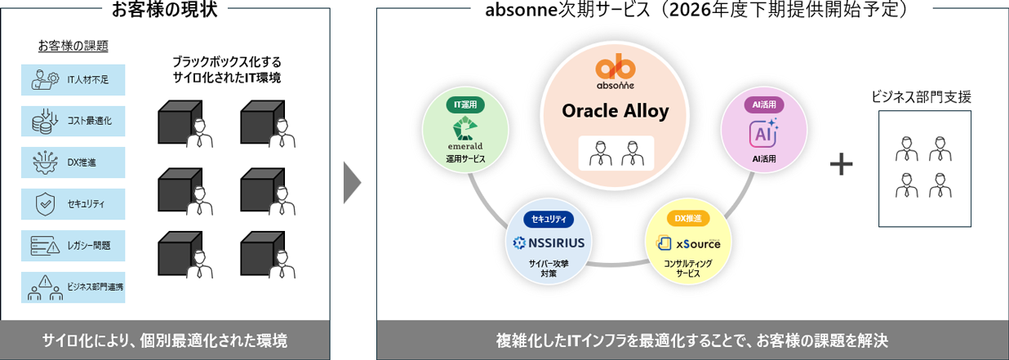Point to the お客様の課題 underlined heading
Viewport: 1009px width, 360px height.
click(73, 46)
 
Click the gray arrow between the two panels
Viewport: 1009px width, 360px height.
click(352, 182)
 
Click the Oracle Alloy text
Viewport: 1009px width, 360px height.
click(616, 110)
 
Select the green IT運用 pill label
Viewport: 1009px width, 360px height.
click(465, 104)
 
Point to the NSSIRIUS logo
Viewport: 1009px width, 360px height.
click(549, 242)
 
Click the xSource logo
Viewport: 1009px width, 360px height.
click(688, 243)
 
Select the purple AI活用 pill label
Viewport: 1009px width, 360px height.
click(764, 104)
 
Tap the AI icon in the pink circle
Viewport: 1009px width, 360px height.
click(763, 131)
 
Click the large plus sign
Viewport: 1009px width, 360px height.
click(841, 165)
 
